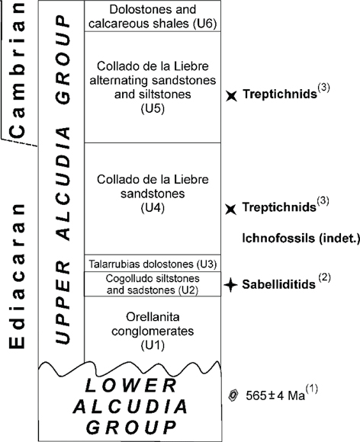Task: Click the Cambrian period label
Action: coord(18,70)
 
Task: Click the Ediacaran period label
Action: coord(18,276)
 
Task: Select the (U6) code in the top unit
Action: coord(205,24)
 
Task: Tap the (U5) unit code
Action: coord(153,108)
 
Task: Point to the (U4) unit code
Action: coord(153,208)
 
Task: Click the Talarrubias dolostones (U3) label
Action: coord(153,264)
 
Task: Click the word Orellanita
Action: coord(153,317)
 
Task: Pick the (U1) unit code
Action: coord(153,345)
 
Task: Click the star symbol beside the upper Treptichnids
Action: coord(231,96)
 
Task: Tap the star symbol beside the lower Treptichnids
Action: coord(231,209)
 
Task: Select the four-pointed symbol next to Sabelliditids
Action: coord(231,285)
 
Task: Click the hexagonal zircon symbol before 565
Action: coord(233,396)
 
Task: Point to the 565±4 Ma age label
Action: coord(275,396)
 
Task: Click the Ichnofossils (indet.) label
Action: coord(301,239)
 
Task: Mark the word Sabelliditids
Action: coord(278,284)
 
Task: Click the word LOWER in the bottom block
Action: coord(131,386)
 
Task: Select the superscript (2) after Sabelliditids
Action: coord(324,277)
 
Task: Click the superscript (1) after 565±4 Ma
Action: coord(312,389)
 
